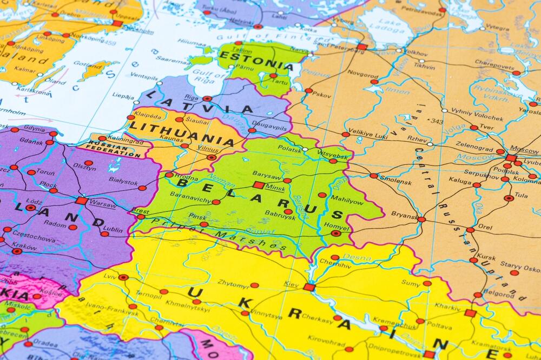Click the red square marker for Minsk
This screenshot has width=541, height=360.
[x=259, y=185]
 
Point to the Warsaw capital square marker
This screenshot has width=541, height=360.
[x=81, y=201]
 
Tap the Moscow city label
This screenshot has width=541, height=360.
[x=524, y=149]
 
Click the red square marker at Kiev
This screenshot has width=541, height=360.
[x=309, y=287]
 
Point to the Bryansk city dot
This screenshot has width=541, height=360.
[x=421, y=219]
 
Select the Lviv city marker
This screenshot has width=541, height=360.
[x=123, y=277]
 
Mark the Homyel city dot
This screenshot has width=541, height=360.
[x=336, y=234]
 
